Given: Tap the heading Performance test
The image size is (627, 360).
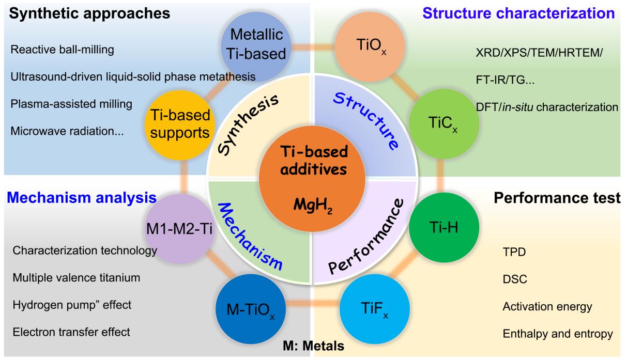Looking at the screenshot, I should [557, 197].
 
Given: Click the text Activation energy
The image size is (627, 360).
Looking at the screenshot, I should [547, 306].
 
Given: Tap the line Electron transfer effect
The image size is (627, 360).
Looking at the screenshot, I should [71, 331].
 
